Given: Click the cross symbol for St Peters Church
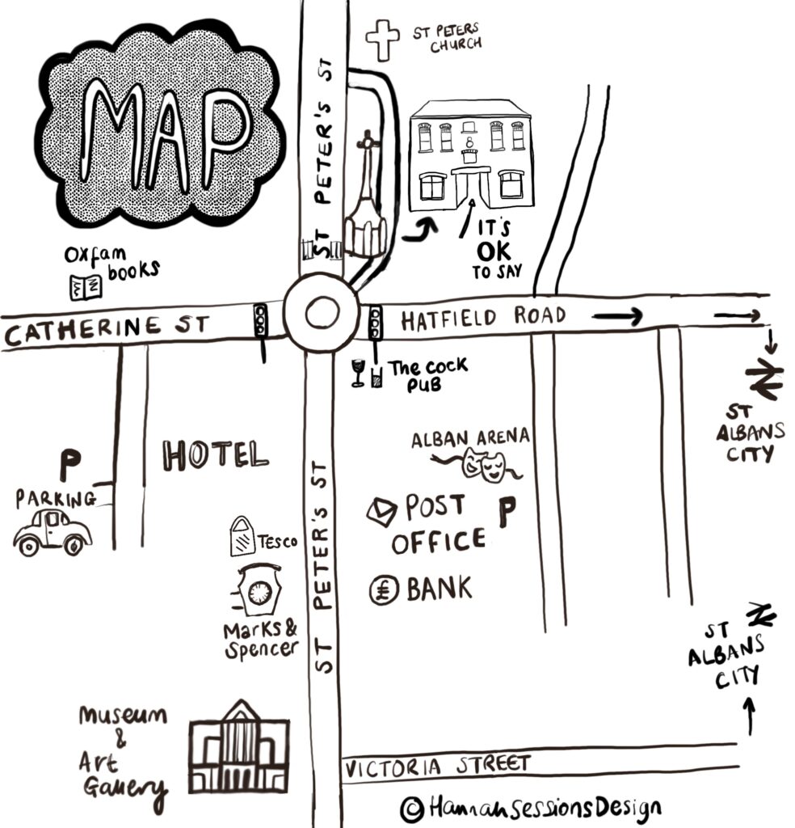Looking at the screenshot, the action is (x=383, y=40).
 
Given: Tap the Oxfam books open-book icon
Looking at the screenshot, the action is (x=86, y=288).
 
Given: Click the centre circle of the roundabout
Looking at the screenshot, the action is (x=321, y=313).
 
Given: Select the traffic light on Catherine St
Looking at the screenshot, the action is (x=261, y=319).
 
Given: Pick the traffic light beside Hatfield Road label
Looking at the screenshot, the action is (x=375, y=322).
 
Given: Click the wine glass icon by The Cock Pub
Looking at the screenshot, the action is (x=358, y=373).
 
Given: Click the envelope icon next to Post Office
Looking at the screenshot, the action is (x=382, y=512).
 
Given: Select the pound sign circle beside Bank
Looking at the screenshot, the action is (x=384, y=589).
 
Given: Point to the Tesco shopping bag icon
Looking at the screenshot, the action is (x=242, y=535).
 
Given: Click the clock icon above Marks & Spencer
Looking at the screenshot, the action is (x=259, y=591).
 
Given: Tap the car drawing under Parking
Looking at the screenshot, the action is (x=53, y=532).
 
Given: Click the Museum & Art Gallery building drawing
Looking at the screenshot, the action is (x=239, y=747).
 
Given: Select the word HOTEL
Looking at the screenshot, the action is (x=215, y=455).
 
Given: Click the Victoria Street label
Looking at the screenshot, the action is (x=437, y=767).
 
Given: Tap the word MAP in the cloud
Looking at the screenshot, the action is (x=165, y=136).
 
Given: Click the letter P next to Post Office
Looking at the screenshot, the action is (x=507, y=512).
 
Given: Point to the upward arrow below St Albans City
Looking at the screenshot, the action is (x=750, y=716).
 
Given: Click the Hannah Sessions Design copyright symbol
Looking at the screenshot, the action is (x=412, y=809).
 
